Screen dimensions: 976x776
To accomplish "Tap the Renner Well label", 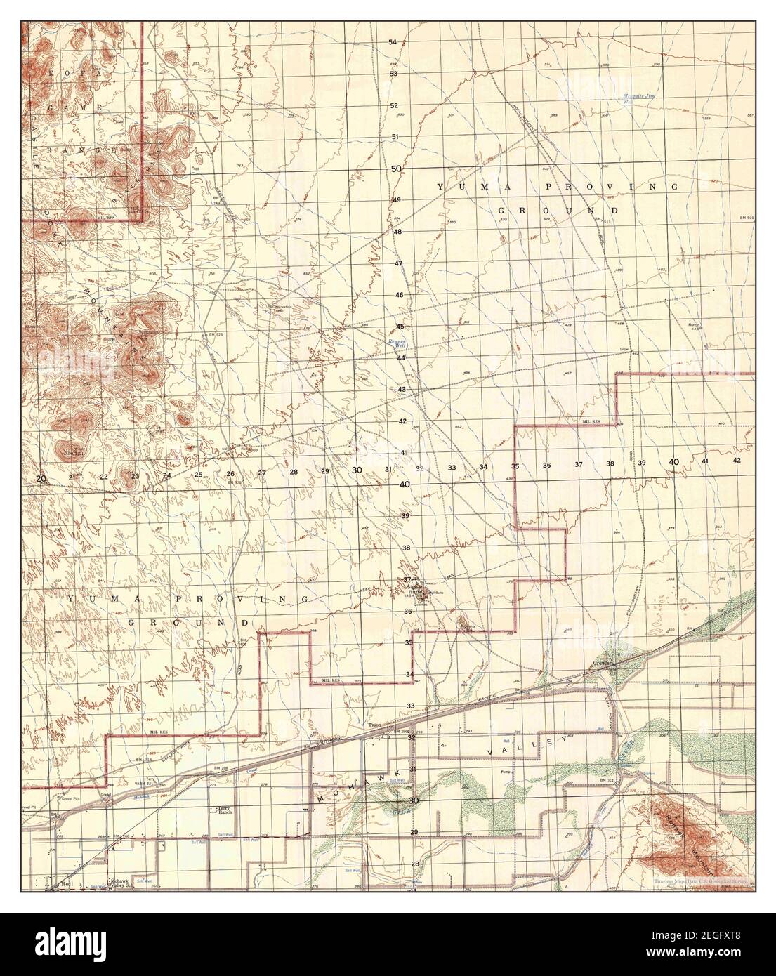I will tap(397, 344).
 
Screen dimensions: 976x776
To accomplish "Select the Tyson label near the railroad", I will tap(375, 726).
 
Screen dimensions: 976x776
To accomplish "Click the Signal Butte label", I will tap(412, 588).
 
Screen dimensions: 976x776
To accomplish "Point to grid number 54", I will tap(393, 42).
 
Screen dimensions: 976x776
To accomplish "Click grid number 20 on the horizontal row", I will tap(41, 478).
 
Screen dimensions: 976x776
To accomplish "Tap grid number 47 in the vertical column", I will tap(397, 263).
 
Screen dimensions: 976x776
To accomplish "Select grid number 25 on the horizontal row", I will tap(199, 475).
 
